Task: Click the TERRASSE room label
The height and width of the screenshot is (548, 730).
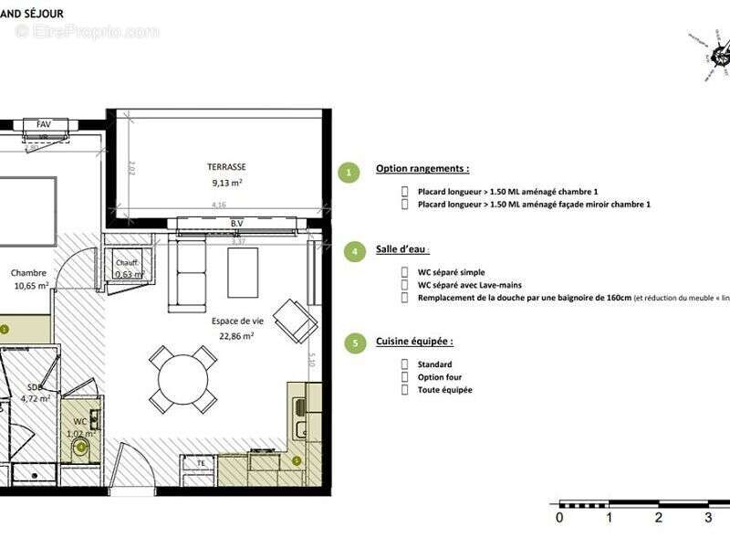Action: pyautogui.click(x=226, y=167)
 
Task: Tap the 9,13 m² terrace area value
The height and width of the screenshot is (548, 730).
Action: pyautogui.click(x=226, y=182)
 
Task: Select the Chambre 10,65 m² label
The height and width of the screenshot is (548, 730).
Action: pyautogui.click(x=29, y=279)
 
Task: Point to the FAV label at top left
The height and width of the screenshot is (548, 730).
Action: pyautogui.click(x=44, y=123)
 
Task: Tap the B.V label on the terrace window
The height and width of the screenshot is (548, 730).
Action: pyautogui.click(x=237, y=224)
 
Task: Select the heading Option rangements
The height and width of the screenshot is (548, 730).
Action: pyautogui.click(x=422, y=169)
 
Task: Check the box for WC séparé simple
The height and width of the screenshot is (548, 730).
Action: pyautogui.click(x=405, y=272)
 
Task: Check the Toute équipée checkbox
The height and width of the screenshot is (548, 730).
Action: pyautogui.click(x=405, y=390)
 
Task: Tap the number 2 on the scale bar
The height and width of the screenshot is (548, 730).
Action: pyautogui.click(x=658, y=517)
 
